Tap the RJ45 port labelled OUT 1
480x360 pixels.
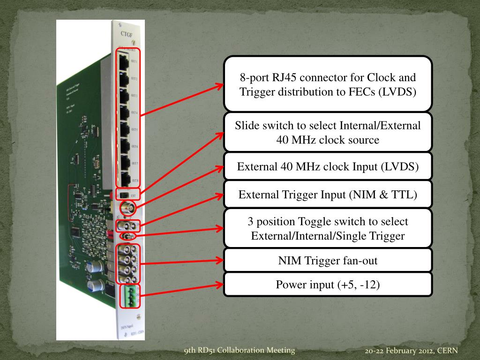click(x=124, y=61)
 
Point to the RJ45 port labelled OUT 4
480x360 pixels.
click(x=124, y=112)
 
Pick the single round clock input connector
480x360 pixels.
click(x=127, y=207)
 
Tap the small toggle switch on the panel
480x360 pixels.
click(x=126, y=236)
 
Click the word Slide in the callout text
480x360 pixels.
click(x=246, y=126)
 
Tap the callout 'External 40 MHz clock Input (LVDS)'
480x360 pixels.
click(x=328, y=167)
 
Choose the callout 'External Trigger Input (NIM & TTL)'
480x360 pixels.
click(x=328, y=194)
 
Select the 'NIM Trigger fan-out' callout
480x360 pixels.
click(x=328, y=261)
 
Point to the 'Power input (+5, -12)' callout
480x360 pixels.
click(x=328, y=285)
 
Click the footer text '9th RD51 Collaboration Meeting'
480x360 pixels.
click(x=240, y=350)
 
